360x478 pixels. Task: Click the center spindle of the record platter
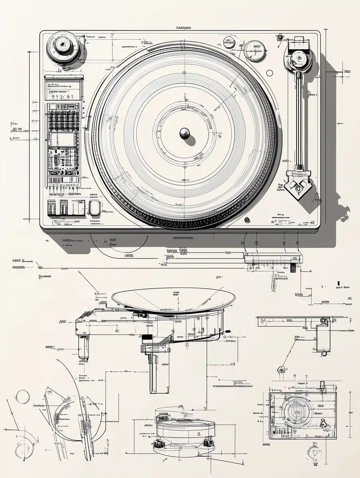(185, 133)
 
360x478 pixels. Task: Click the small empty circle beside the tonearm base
(270, 73)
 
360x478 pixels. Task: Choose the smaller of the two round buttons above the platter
(229, 42)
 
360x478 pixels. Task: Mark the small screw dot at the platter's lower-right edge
(247, 219)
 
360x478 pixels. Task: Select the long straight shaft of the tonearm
(298, 119)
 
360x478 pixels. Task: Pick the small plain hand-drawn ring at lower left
(22, 397)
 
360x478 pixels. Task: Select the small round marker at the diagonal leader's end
(282, 369)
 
